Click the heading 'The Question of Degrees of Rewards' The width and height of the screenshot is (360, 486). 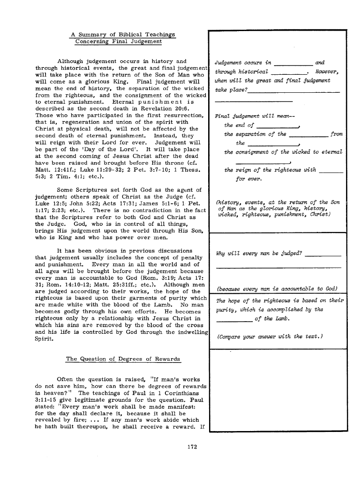123,359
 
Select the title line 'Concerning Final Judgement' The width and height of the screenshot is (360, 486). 118,41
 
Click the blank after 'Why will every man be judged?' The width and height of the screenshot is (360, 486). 323,255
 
